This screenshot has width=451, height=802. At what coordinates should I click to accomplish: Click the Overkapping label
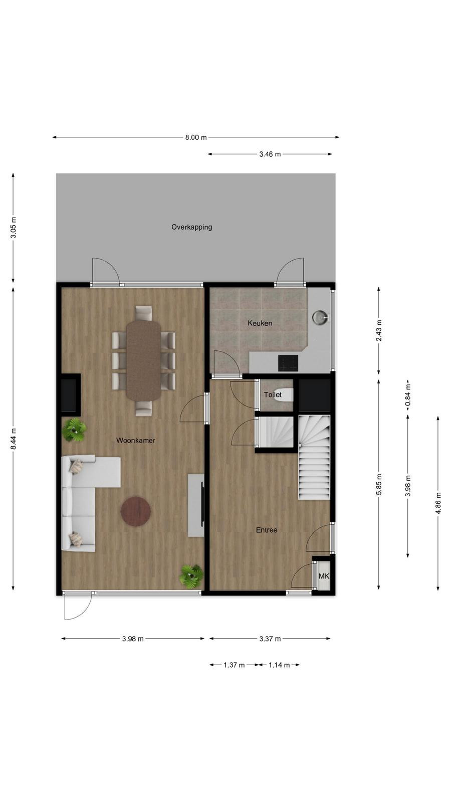191,227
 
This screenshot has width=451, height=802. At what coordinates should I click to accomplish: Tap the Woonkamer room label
136,441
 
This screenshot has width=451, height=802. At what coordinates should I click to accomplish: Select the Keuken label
260,323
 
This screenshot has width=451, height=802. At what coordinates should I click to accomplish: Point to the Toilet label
273,394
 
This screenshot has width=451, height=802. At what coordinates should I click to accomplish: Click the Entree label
267,530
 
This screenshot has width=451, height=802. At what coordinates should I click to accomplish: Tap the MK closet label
324,576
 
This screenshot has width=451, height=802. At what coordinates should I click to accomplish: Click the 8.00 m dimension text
196,137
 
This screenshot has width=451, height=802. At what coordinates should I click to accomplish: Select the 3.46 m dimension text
270,154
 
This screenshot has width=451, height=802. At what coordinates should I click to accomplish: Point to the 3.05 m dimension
13,228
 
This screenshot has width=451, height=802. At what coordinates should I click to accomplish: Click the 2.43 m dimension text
379,330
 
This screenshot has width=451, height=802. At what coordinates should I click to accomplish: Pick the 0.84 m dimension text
408,398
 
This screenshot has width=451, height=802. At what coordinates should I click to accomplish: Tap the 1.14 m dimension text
279,665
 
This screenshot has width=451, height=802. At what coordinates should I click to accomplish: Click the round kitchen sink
319,317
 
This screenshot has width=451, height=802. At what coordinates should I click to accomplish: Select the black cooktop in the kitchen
288,363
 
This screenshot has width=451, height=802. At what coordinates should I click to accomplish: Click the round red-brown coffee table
136,511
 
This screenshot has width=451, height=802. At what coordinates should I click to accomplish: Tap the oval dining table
144,360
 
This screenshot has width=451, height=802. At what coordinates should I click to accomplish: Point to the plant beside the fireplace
75,430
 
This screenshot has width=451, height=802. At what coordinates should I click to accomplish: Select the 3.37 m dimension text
270,639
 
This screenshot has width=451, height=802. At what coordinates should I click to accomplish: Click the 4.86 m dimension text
438,503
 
